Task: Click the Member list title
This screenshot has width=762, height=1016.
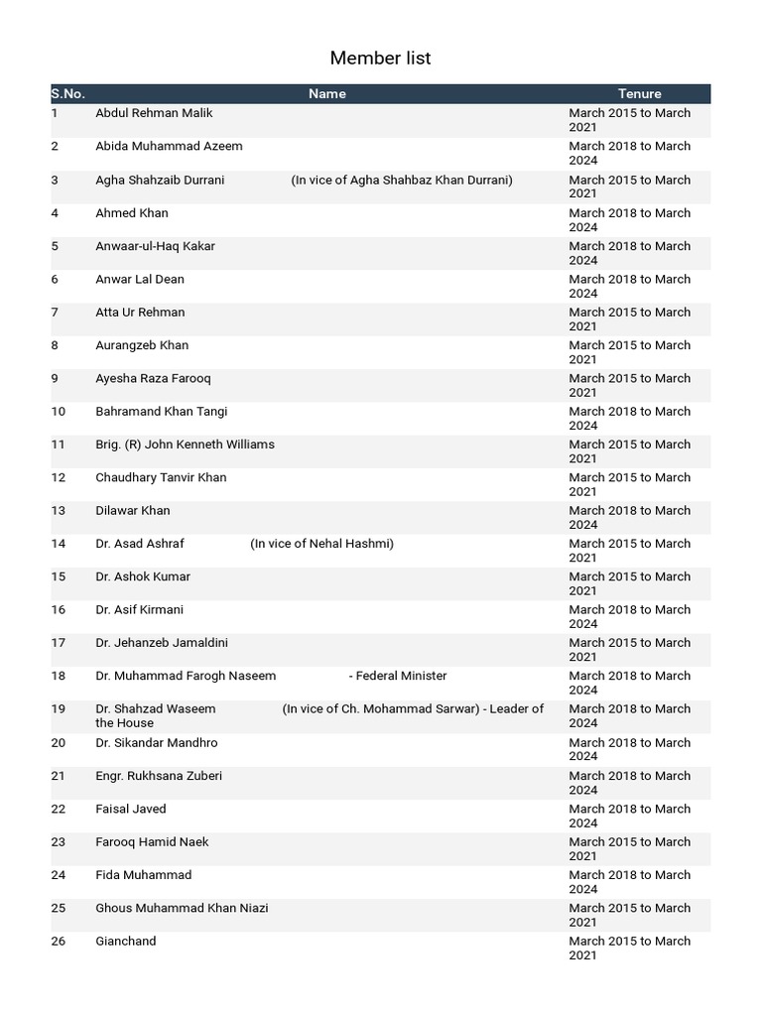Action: [x=380, y=59]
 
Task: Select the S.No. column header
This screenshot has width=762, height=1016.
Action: [x=67, y=93]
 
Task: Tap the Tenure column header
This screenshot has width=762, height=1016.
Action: [x=639, y=93]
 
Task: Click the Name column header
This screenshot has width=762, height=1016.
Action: [x=326, y=93]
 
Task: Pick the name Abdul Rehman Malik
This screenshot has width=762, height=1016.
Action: [x=154, y=113]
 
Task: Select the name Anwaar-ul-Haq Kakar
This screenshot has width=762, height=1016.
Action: [x=155, y=246]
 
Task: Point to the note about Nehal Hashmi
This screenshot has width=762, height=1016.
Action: [x=321, y=544]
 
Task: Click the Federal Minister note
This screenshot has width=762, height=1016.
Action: [x=398, y=676]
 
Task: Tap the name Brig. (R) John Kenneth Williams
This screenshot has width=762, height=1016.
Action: [x=185, y=444]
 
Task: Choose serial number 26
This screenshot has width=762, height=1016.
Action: [x=59, y=942]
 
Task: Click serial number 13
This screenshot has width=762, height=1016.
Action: [x=59, y=511]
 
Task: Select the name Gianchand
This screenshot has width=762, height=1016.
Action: [x=125, y=942]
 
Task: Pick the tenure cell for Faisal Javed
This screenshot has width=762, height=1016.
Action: [x=629, y=816]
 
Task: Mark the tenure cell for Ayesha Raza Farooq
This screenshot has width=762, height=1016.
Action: [x=629, y=385]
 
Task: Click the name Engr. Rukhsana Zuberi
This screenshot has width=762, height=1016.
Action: [x=159, y=776]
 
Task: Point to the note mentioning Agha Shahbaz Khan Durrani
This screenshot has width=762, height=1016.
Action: [x=402, y=180]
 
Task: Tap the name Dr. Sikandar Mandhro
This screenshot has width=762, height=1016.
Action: [x=156, y=743]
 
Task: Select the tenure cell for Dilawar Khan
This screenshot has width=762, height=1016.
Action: [x=629, y=518]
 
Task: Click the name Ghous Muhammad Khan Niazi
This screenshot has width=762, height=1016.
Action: [x=182, y=908]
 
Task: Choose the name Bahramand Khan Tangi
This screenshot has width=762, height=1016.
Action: [x=161, y=412]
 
